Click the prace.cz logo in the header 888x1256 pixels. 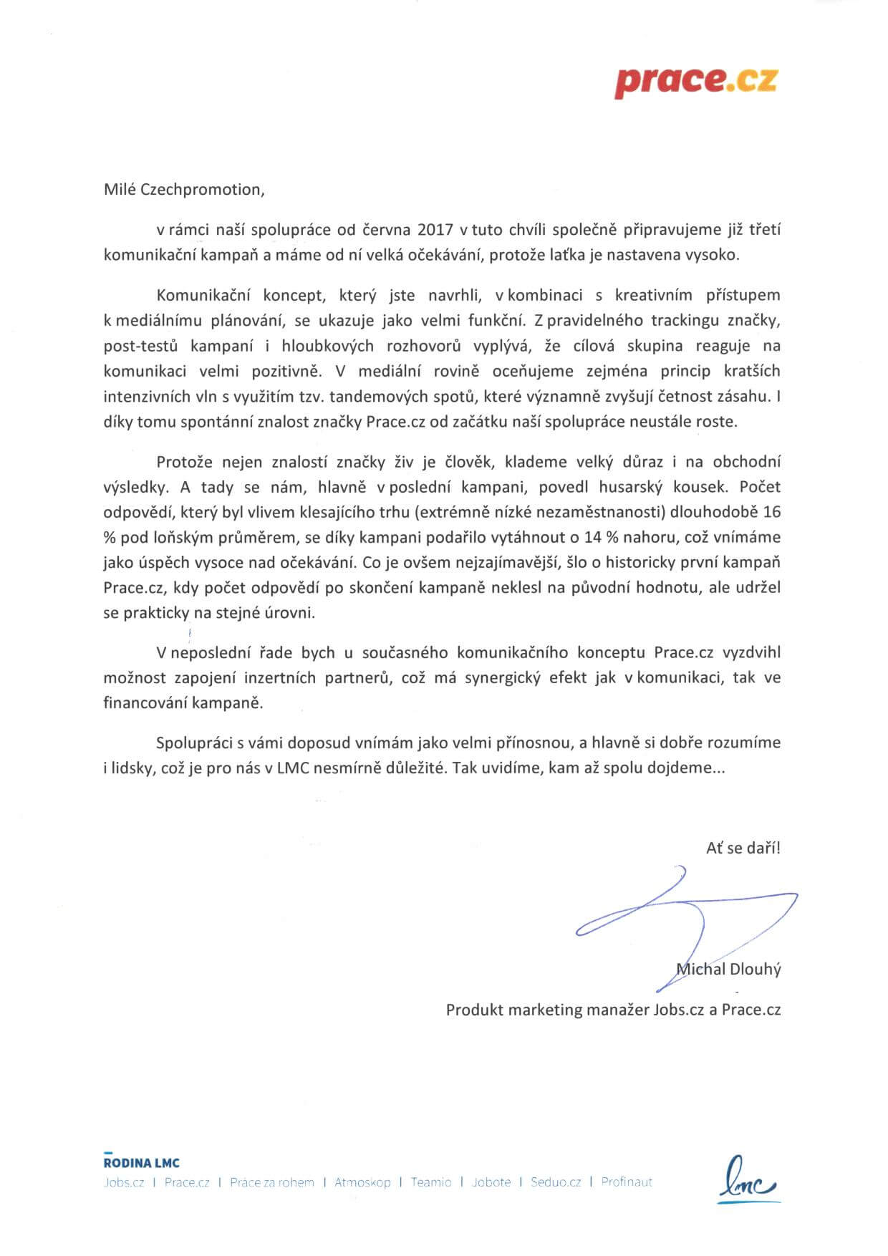(x=695, y=82)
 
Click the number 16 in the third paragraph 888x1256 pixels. (x=772, y=512)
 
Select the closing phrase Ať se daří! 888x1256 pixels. (x=743, y=848)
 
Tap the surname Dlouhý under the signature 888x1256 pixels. (x=755, y=970)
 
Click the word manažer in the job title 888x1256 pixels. (x=619, y=1010)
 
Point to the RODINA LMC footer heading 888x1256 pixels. (x=142, y=1163)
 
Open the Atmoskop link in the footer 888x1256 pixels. (x=362, y=1182)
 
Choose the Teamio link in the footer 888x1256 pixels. (x=431, y=1182)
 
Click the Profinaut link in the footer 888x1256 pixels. (x=627, y=1182)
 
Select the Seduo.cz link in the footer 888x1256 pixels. (x=556, y=1182)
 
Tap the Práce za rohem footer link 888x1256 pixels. (x=272, y=1182)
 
